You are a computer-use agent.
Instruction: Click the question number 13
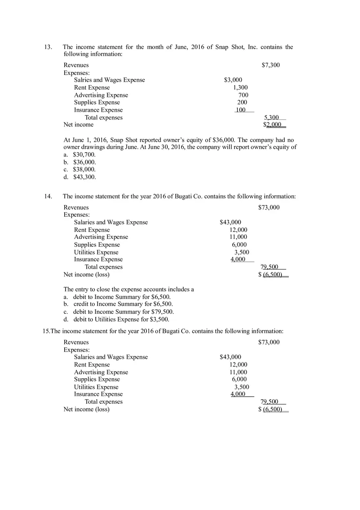coord(48,47)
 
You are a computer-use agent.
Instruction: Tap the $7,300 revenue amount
coord(270,65)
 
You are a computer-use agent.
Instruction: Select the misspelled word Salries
coord(83,80)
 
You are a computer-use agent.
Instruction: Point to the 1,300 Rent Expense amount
coord(240,88)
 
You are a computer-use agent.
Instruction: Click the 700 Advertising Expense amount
coord(243,95)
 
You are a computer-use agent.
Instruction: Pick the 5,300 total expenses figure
coord(271,118)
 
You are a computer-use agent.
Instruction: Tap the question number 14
coord(48,196)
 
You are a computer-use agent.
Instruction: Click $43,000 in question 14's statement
coord(230,222)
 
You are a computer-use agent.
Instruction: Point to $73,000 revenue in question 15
coord(269,342)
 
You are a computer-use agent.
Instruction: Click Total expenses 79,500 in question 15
coord(269,402)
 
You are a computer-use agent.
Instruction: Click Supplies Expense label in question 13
coord(97,103)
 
